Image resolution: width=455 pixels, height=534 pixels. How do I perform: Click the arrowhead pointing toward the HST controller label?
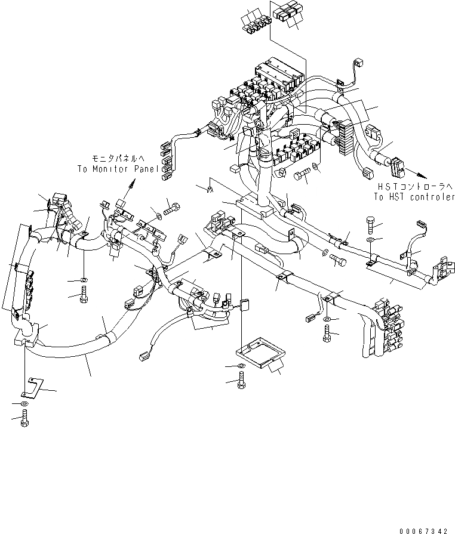tap(422, 175)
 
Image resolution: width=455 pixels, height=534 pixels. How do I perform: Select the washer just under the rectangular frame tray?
tap(240, 365)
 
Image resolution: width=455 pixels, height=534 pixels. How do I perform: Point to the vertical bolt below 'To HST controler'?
tap(370, 224)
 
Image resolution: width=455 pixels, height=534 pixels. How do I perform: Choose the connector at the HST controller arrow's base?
tap(396, 165)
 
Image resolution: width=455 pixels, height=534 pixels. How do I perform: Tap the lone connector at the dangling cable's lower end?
tap(143, 356)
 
